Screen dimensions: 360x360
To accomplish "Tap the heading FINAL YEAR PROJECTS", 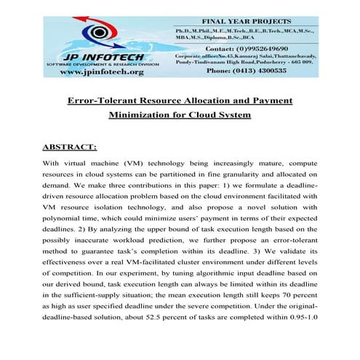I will point(241,21).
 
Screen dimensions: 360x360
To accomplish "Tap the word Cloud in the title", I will point(209,115).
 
